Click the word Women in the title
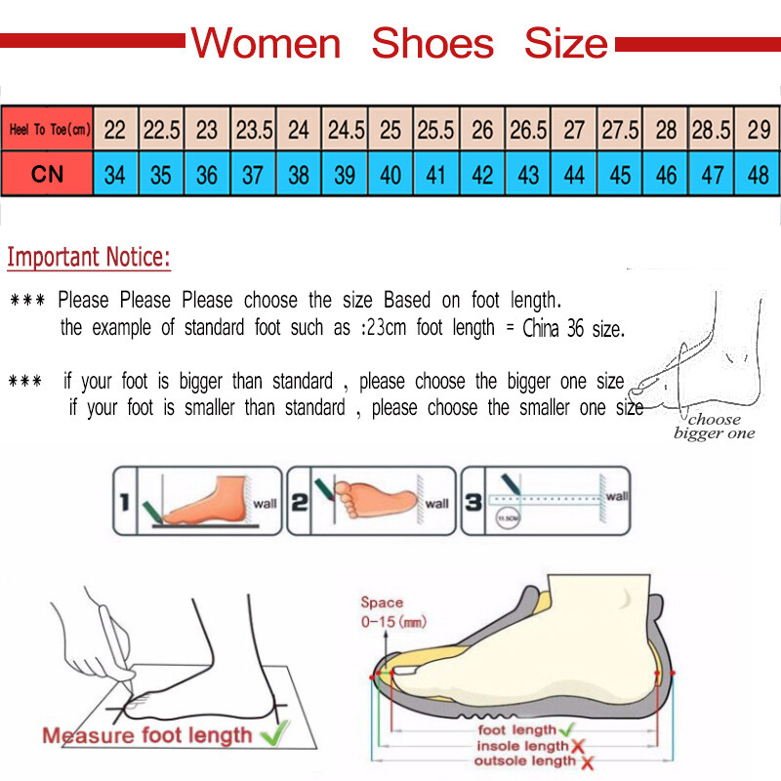pos(266,44)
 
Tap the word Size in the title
pos(565,44)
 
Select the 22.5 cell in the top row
pos(161,130)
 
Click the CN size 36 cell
pos(207,176)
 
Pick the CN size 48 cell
pos(758,176)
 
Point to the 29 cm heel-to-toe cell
pos(758,130)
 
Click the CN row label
pos(47,176)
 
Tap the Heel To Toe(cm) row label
pos(49,130)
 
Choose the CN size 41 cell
pos(436,176)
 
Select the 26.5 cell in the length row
pos(528,130)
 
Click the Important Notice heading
pos(89,258)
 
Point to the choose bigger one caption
pos(715,427)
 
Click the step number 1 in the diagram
pos(124,503)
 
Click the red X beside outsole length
pos(583,761)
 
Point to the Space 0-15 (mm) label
pos(392,612)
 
